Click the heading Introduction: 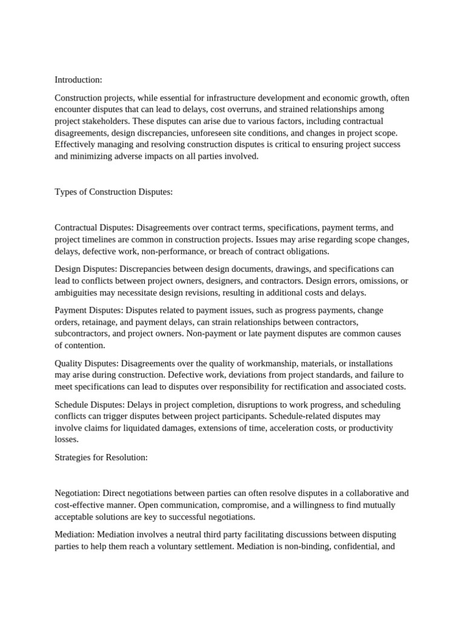(79, 80)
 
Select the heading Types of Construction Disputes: (114, 192)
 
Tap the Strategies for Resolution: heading (101, 457)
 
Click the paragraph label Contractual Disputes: (94, 228)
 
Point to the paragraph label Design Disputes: (86, 269)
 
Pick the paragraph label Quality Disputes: (87, 363)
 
